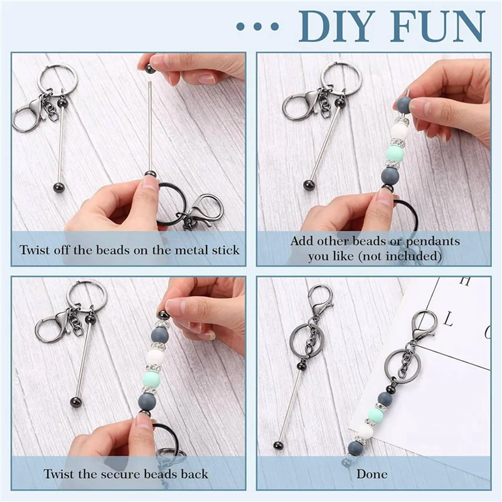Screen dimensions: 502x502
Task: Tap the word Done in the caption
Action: tap(372, 474)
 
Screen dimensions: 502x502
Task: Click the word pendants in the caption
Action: tap(432, 242)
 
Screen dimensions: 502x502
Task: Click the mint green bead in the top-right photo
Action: tap(395, 153)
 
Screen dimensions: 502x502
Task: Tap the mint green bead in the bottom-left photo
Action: tap(152, 378)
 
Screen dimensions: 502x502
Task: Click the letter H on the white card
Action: tap(465, 281)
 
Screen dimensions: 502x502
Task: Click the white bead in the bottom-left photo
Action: tap(155, 358)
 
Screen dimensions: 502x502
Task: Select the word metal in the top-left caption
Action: tap(190, 250)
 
